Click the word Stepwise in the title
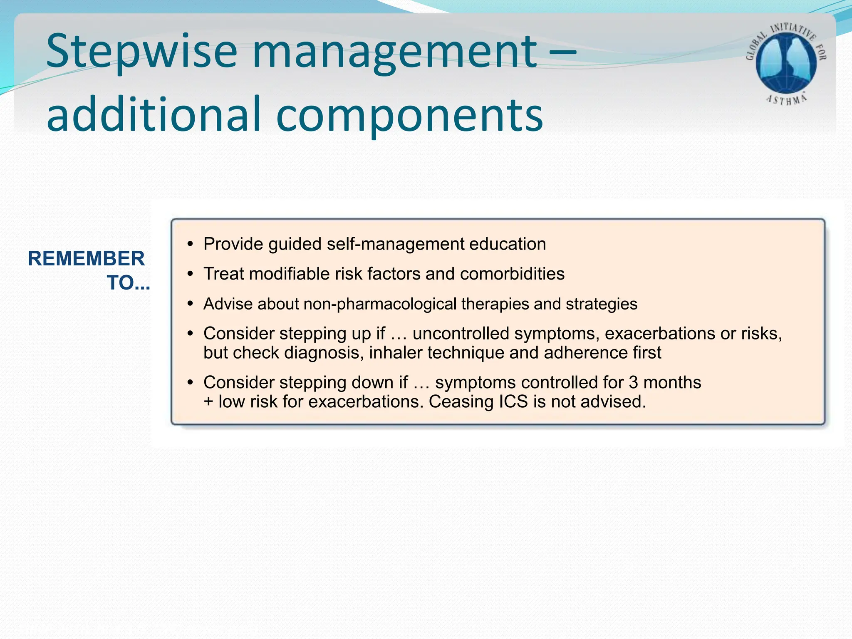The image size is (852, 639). (x=141, y=52)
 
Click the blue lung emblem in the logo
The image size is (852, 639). (x=786, y=62)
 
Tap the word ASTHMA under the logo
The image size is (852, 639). (x=786, y=100)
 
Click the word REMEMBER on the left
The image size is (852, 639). (x=86, y=258)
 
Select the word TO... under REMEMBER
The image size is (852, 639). (x=128, y=283)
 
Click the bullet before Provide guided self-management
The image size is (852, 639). (x=190, y=244)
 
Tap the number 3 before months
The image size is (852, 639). (x=633, y=383)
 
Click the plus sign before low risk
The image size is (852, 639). (x=208, y=402)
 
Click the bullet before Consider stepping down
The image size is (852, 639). (x=190, y=383)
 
